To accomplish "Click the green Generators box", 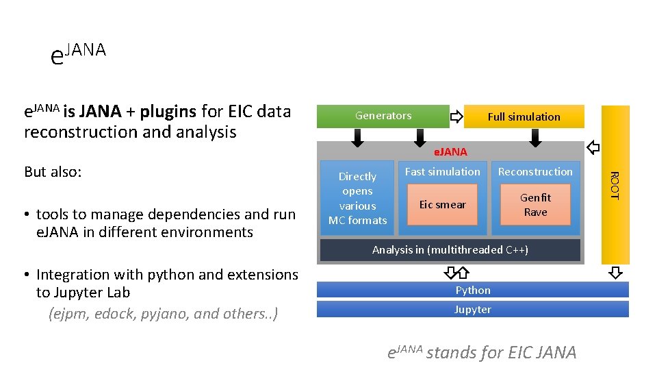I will (383, 116).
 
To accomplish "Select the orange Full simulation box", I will (524, 116).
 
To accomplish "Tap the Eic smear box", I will (442, 205).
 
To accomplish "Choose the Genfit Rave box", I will (535, 205).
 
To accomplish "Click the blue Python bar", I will (473, 290).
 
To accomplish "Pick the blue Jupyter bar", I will (473, 309).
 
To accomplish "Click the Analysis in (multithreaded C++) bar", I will (450, 250).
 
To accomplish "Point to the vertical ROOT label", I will (614, 185).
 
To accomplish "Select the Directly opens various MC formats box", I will (357, 198).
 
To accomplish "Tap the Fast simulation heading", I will (442, 171).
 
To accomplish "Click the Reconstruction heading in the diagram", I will (535, 171).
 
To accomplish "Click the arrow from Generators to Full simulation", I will (456, 117).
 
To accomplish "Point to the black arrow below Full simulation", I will (535, 138).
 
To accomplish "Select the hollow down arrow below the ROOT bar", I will (615, 273).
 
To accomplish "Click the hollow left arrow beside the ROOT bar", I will (593, 147).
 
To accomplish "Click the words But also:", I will (53, 171).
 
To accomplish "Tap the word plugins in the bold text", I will (168, 111).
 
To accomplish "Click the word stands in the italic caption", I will (450, 352).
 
